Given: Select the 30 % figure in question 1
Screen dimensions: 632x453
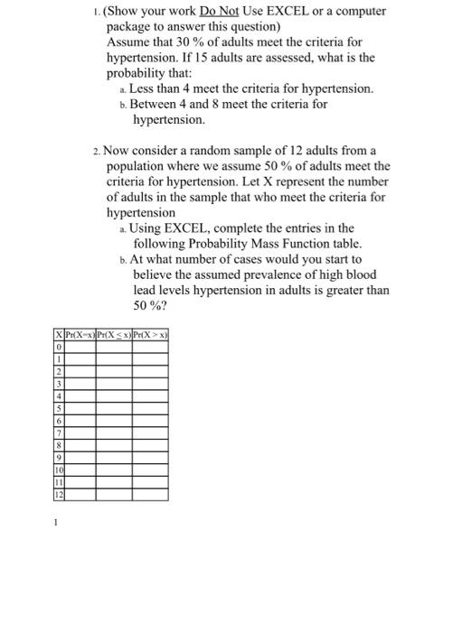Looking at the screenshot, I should click(193, 42).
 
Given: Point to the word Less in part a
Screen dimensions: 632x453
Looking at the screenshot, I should click(145, 88).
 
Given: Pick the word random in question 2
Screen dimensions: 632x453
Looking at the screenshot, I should click(251, 150).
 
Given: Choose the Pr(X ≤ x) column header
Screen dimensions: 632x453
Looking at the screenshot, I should click(115, 337).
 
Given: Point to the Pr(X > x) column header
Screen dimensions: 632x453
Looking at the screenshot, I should click(150, 337).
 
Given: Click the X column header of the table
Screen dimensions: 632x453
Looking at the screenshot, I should click(59, 337).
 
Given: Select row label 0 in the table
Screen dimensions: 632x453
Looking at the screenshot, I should click(59, 348).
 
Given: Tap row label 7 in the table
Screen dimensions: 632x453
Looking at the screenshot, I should click(59, 432).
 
